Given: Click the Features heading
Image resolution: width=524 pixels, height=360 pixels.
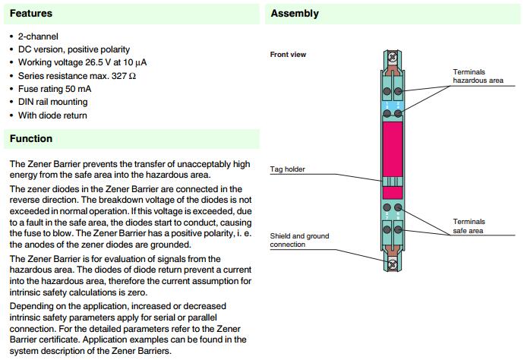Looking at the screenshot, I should (x=30, y=14).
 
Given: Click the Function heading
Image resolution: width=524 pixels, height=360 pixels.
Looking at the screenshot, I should (x=31, y=139).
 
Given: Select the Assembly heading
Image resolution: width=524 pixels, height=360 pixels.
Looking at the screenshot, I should (x=295, y=14).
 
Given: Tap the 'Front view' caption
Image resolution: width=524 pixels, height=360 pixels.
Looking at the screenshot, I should (x=288, y=55).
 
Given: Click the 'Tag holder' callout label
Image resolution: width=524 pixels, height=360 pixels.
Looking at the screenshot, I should (x=288, y=169).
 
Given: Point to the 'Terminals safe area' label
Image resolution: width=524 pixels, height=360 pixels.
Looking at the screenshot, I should (x=469, y=226).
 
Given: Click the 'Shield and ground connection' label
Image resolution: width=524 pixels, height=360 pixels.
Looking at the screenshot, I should (x=299, y=240).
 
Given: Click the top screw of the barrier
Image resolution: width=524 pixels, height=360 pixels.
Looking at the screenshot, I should (x=393, y=56).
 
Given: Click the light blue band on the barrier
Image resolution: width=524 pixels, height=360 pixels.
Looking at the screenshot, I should (x=393, y=101).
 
